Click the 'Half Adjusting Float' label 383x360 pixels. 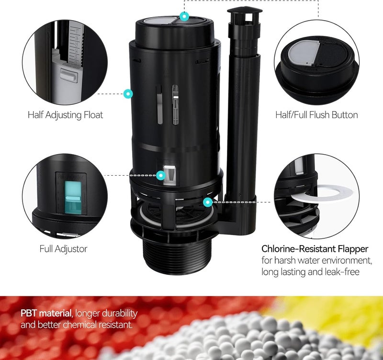pyautogui.click(x=65, y=115)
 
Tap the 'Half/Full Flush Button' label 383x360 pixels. pyautogui.click(x=316, y=115)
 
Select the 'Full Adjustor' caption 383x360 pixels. pyautogui.click(x=63, y=249)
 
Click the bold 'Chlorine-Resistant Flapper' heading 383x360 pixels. pyautogui.click(x=315, y=249)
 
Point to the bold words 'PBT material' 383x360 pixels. pyautogui.click(x=45, y=314)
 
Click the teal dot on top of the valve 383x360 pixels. pyautogui.click(x=184, y=16)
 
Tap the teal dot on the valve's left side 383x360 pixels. pyautogui.click(x=127, y=93)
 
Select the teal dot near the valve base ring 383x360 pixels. pyautogui.click(x=207, y=202)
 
